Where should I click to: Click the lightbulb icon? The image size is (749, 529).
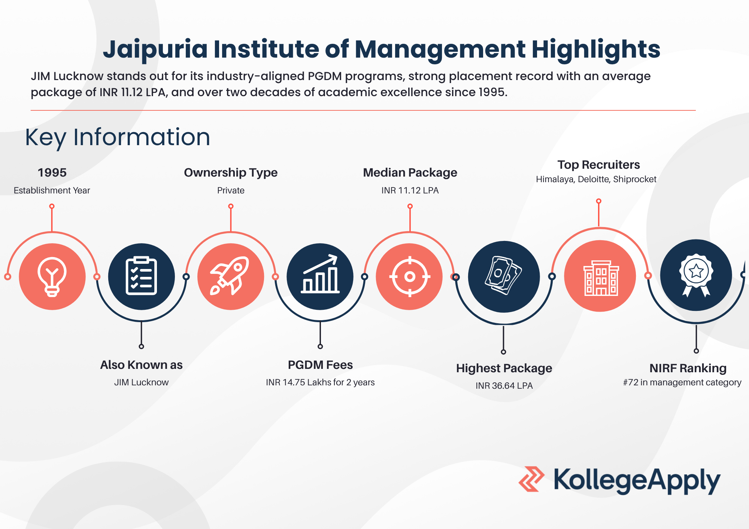click(x=52, y=277)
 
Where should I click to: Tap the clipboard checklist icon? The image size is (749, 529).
click(x=141, y=276)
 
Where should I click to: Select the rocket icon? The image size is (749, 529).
click(x=230, y=276)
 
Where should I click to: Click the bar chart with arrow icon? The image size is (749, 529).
click(x=320, y=274)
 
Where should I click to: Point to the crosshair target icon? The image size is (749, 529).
click(x=410, y=277)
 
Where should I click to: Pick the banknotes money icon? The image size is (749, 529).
click(x=504, y=276)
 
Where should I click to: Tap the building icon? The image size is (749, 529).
click(x=601, y=278)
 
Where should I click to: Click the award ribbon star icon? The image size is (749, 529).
click(x=696, y=275)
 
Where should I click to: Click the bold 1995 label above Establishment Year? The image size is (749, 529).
click(x=52, y=172)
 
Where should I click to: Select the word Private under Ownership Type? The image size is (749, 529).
click(x=231, y=190)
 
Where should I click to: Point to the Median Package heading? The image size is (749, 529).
click(x=410, y=172)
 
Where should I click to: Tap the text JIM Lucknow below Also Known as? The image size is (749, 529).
click(x=141, y=382)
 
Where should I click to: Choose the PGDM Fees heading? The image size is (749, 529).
click(x=320, y=365)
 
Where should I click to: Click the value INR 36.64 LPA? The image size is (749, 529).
click(x=504, y=386)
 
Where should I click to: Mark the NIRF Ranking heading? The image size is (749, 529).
click(x=688, y=368)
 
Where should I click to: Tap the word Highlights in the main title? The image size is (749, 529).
click(x=596, y=50)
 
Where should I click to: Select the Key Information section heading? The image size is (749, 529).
click(x=118, y=137)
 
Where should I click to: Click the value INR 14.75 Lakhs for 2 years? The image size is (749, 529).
click(x=320, y=382)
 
